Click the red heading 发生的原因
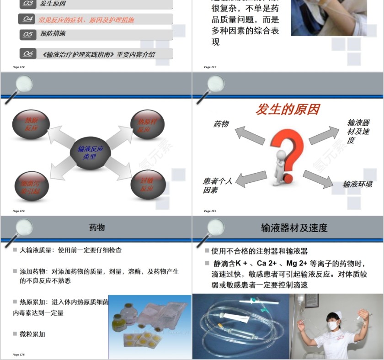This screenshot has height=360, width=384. point(287,110)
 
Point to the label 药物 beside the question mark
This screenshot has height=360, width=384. point(221,124)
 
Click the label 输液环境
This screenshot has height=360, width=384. point(357,184)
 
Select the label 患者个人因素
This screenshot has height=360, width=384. point(217,185)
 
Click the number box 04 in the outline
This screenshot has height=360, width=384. point(28,19)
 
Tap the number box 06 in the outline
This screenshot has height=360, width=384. point(28,53)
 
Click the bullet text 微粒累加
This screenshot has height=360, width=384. point(32,334)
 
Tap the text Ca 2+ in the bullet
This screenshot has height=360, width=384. point(267,263)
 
